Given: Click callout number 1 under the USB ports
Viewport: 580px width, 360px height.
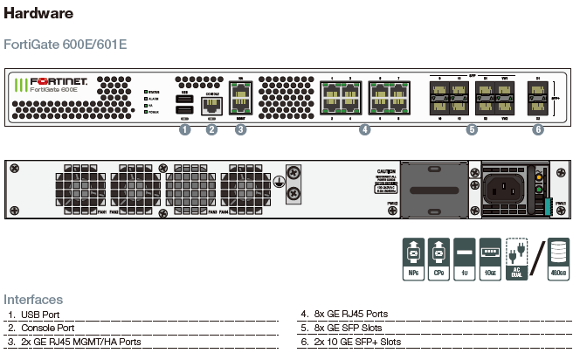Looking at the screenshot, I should coord(184,130).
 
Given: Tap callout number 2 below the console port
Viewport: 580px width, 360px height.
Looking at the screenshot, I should coord(211,130).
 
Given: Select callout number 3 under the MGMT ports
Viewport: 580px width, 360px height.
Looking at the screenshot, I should coord(240,130).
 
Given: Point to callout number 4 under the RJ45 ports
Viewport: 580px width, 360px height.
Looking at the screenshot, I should coord(364,130).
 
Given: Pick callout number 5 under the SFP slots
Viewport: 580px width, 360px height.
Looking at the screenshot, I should coord(472,130).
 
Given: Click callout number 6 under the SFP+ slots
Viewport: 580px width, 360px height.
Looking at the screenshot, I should coord(537,130).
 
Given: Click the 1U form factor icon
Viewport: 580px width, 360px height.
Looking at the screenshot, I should coord(465,259).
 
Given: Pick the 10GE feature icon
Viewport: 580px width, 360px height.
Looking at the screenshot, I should coord(490,259).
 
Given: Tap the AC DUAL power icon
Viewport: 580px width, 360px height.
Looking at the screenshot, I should coord(516,259).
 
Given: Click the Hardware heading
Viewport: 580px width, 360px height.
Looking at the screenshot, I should coord(38,15).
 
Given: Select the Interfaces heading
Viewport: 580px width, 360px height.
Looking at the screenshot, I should coord(32,300).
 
